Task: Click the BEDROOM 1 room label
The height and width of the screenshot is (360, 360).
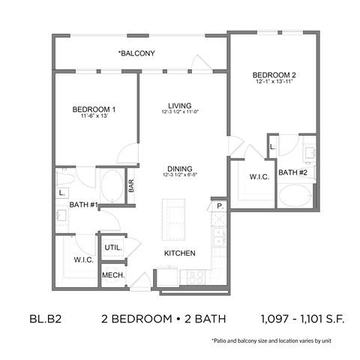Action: click(94, 109)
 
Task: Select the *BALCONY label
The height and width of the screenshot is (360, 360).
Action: click(136, 53)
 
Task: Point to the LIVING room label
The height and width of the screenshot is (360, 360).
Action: click(179, 105)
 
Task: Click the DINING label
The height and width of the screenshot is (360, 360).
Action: click(180, 169)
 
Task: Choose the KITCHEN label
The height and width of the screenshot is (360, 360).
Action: click(180, 253)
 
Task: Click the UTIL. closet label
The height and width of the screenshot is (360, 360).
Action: click(113, 246)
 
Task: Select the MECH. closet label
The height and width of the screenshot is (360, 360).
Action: click(113, 275)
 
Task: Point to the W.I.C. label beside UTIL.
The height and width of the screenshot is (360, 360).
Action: click(83, 260)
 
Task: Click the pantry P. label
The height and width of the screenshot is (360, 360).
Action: click(220, 205)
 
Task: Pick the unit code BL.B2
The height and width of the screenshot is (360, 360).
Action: click(45, 317)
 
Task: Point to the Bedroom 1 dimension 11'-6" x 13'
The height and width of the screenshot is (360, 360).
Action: click(94, 117)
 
